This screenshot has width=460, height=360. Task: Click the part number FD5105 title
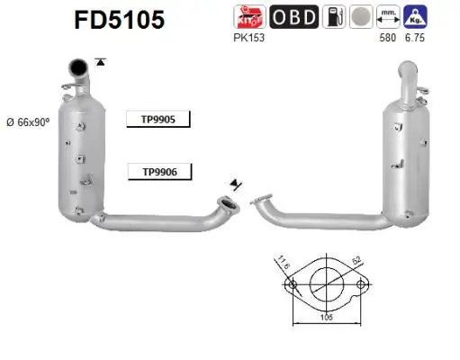coord(121,20)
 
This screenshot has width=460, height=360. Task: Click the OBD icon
coord(293,17)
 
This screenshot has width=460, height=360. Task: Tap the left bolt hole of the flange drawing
coord(291,286)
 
